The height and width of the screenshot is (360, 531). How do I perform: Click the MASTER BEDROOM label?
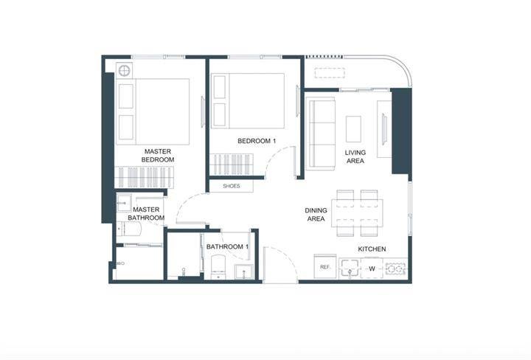[x=158, y=156]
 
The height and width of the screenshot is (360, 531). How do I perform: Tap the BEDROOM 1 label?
[x=257, y=141]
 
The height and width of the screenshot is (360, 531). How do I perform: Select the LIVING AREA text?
[x=355, y=157]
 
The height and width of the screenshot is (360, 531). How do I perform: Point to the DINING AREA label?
[x=316, y=215]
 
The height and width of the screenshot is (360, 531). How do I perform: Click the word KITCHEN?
[x=372, y=249]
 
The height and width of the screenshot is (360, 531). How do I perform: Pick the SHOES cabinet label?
[x=232, y=186]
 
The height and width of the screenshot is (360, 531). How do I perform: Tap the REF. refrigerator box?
[x=325, y=267]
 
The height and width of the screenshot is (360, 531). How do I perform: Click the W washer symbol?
[x=372, y=269]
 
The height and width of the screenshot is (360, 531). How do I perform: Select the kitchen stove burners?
[x=395, y=269]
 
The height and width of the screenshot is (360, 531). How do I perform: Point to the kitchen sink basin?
[x=350, y=268]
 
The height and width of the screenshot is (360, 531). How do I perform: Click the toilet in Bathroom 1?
[x=218, y=267]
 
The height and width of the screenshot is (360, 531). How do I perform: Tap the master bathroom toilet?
[x=128, y=229]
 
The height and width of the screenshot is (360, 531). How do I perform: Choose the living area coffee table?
[x=353, y=129]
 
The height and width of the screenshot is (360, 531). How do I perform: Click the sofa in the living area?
[x=320, y=134]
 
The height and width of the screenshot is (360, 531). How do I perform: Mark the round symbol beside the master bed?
[x=125, y=71]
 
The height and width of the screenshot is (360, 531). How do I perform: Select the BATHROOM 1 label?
[x=228, y=247]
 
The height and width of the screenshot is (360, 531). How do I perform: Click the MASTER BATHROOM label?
[x=146, y=214]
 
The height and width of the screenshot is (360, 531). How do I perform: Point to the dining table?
[x=357, y=213]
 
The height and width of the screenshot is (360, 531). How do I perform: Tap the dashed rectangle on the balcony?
[x=330, y=73]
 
